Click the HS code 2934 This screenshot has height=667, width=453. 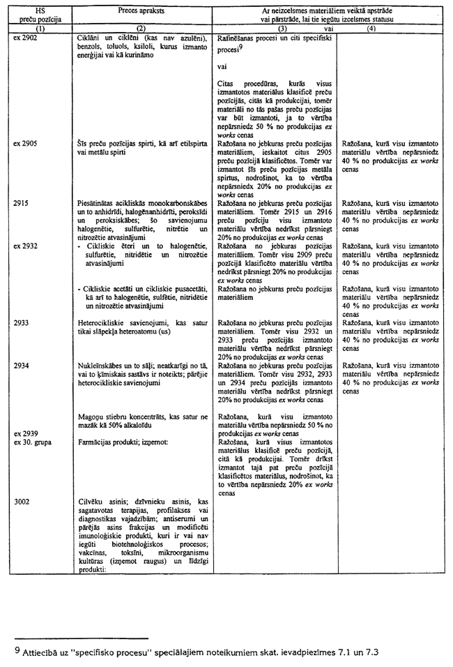[x=22, y=365]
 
